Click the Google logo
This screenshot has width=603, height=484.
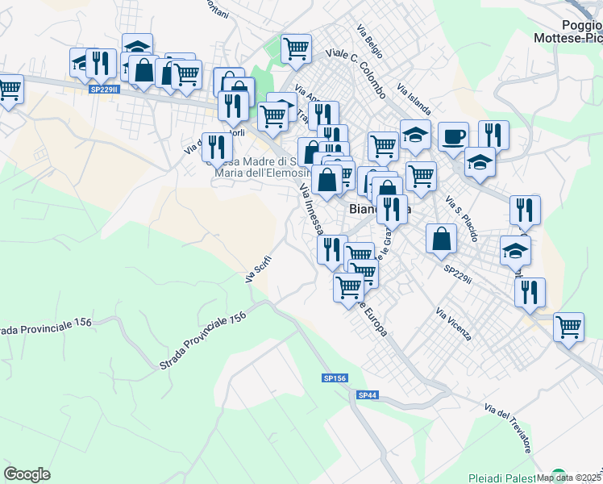(27, 474)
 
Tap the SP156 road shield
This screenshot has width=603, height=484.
(335, 378)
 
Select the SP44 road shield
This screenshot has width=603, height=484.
(367, 394)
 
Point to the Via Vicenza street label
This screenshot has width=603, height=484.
(452, 323)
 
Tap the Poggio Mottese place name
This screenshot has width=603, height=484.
(568, 30)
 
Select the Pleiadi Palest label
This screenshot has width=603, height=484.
(501, 478)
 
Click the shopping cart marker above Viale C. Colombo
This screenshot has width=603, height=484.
(296, 48)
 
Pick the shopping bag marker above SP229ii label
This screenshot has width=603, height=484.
(441, 238)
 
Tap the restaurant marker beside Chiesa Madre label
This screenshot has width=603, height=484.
(216, 147)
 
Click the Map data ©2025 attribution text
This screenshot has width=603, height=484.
(569, 478)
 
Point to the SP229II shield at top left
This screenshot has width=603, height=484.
(105, 90)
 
